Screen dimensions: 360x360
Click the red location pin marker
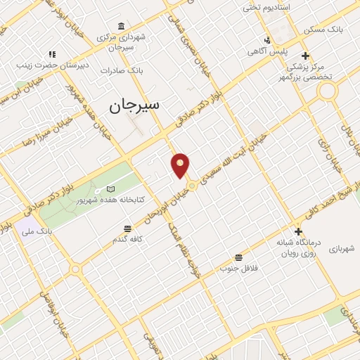(181, 165)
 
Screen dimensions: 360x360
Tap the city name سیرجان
(134, 105)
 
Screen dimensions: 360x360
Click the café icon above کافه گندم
(127, 229)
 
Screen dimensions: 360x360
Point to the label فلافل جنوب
(239, 268)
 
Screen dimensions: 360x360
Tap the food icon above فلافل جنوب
(239, 257)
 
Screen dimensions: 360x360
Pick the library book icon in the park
(110, 190)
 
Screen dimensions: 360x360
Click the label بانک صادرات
(122, 70)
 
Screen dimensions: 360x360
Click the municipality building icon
(122, 26)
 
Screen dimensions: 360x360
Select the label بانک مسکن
(322, 31)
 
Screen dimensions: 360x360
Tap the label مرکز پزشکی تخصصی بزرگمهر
(306, 71)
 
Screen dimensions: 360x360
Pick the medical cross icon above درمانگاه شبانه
(298, 231)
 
